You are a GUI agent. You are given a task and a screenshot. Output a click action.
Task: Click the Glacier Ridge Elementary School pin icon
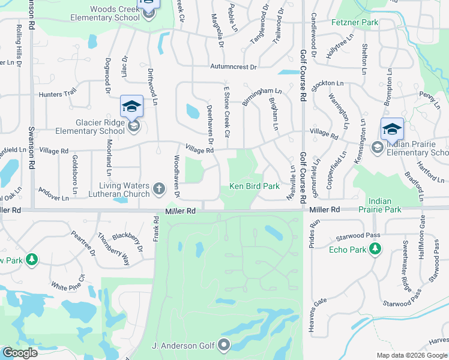tap(131, 107)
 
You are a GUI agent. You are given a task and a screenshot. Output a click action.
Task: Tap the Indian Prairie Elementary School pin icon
tap(391, 129)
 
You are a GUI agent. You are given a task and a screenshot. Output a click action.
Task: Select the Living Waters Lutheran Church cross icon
tap(159, 190)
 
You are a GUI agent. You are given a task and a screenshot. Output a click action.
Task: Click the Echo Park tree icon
tap(375, 248)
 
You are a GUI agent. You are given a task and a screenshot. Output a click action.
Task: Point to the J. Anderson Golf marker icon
tap(224, 344)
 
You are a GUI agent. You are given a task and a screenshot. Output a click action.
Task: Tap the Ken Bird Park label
tap(255, 187)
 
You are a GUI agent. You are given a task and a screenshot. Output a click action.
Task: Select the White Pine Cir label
tap(68, 281)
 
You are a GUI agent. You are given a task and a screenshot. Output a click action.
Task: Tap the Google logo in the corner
tap(20, 353)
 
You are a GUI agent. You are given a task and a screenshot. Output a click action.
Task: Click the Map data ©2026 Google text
tap(411, 355)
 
